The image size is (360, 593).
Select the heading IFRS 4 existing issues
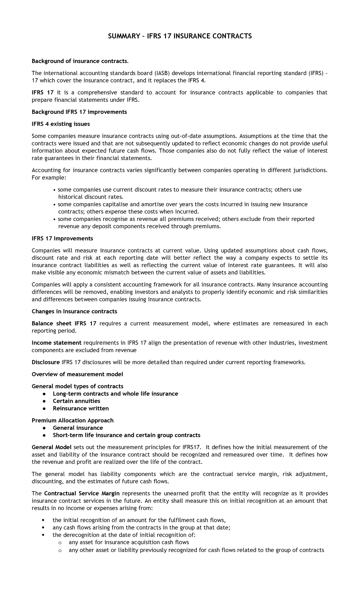pos(61,124)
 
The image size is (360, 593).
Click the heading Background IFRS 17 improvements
pos(79,112)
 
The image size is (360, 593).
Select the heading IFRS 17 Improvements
pos(62,239)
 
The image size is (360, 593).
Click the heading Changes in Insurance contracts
pos(74,312)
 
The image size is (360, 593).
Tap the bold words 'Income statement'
pos(56,343)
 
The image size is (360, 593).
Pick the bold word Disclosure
pos(46,362)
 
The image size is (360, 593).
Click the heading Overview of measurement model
pos(77,374)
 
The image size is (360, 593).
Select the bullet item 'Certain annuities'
pos(76,401)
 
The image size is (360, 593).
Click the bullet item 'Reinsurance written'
pos(81,408)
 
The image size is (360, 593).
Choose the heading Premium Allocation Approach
pos(73,420)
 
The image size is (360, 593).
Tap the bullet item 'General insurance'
pos(78,428)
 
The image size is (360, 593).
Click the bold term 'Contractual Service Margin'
pos(82,494)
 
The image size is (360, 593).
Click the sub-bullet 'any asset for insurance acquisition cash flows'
pos(129,542)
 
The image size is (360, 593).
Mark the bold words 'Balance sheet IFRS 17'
pos(64,324)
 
